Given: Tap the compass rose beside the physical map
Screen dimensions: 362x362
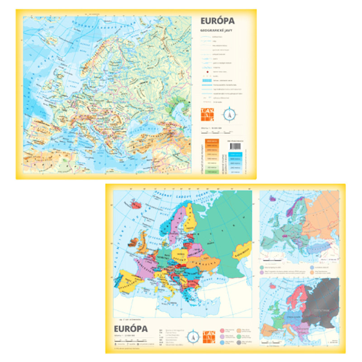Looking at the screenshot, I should click(x=230, y=114).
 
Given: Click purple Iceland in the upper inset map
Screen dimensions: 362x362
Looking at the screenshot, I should click(x=272, y=198).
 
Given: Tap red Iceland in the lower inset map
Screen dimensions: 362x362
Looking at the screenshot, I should click(x=272, y=286).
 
